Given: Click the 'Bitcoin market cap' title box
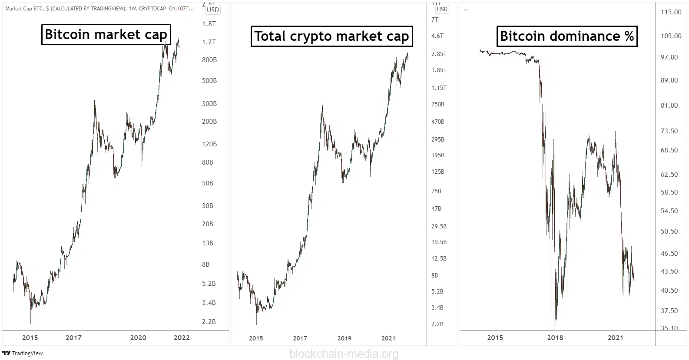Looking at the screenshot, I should [x=106, y=34].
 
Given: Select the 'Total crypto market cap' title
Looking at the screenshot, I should [x=331, y=36].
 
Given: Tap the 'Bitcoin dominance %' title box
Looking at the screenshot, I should [x=567, y=36].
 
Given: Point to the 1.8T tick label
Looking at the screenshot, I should [x=209, y=24].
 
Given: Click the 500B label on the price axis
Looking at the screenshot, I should [x=209, y=81].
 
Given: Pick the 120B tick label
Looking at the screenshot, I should [x=209, y=144].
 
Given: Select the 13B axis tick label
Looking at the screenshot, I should [x=208, y=243].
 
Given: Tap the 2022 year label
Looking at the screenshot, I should [x=182, y=338].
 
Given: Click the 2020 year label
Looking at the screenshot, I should [x=138, y=338].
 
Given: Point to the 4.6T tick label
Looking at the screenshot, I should [x=437, y=36].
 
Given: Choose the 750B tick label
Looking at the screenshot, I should [x=438, y=105].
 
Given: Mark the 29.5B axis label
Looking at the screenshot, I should [x=439, y=227].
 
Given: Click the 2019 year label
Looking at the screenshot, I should [x=344, y=338].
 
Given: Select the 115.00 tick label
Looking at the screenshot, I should [x=671, y=12].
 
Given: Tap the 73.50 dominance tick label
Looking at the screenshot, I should [x=669, y=131].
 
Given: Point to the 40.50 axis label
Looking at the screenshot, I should [x=669, y=291].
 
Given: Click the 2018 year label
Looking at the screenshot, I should [x=555, y=338].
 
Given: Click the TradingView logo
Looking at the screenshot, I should [x=23, y=353].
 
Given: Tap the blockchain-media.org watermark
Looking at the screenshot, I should [x=344, y=354].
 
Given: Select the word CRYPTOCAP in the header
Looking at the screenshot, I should [x=152, y=8].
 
